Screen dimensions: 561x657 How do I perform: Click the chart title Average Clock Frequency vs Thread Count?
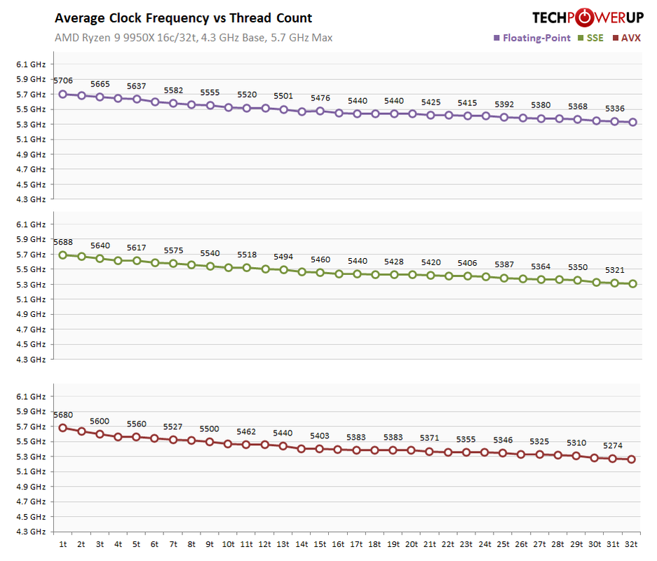tap(183, 18)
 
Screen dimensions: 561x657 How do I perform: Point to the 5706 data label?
tap(62, 81)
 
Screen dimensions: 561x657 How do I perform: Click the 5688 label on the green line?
tap(62, 242)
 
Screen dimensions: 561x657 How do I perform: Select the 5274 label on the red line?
tap(613, 445)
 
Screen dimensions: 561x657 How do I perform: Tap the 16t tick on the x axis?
tap(337, 543)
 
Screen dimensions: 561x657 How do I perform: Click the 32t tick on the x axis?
tap(631, 543)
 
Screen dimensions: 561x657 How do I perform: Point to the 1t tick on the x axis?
tap(62, 543)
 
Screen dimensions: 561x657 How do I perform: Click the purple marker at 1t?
tap(62, 93)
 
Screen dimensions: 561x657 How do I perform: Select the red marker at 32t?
tap(631, 459)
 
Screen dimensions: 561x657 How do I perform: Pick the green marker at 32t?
tap(631, 284)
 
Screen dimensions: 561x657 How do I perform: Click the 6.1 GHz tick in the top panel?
tap(31, 65)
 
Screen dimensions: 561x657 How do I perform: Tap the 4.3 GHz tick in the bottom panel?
tap(31, 532)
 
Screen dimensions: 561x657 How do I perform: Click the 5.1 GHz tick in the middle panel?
tap(31, 299)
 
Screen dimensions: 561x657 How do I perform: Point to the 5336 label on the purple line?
tap(614, 109)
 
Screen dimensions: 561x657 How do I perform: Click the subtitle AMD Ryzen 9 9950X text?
tap(193, 37)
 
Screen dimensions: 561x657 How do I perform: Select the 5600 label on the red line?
tap(99, 421)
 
